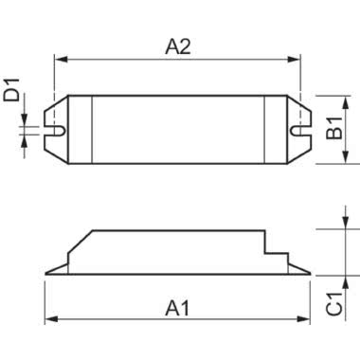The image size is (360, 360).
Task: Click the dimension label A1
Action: (177, 308)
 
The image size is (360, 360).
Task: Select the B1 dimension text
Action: (335, 130)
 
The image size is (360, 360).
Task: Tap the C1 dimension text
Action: (334, 301)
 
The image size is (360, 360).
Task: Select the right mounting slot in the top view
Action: (300, 128)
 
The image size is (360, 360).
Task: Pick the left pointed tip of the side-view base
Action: (47, 276)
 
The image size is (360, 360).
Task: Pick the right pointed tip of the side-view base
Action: (310, 276)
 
